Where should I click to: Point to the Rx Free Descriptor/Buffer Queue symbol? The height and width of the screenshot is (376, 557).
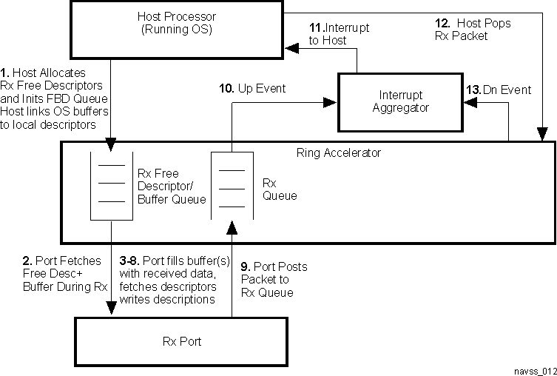(x=112, y=185)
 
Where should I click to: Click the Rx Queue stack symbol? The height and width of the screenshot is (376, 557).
(x=232, y=185)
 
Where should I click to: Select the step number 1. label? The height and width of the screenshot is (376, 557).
(x=7, y=73)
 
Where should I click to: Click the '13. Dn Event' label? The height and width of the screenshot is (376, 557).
(x=497, y=90)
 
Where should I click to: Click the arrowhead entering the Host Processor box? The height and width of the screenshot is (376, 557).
(x=293, y=49)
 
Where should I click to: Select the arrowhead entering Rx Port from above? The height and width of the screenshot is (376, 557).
(x=112, y=310)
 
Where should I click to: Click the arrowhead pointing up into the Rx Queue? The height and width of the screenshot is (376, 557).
(x=232, y=224)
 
